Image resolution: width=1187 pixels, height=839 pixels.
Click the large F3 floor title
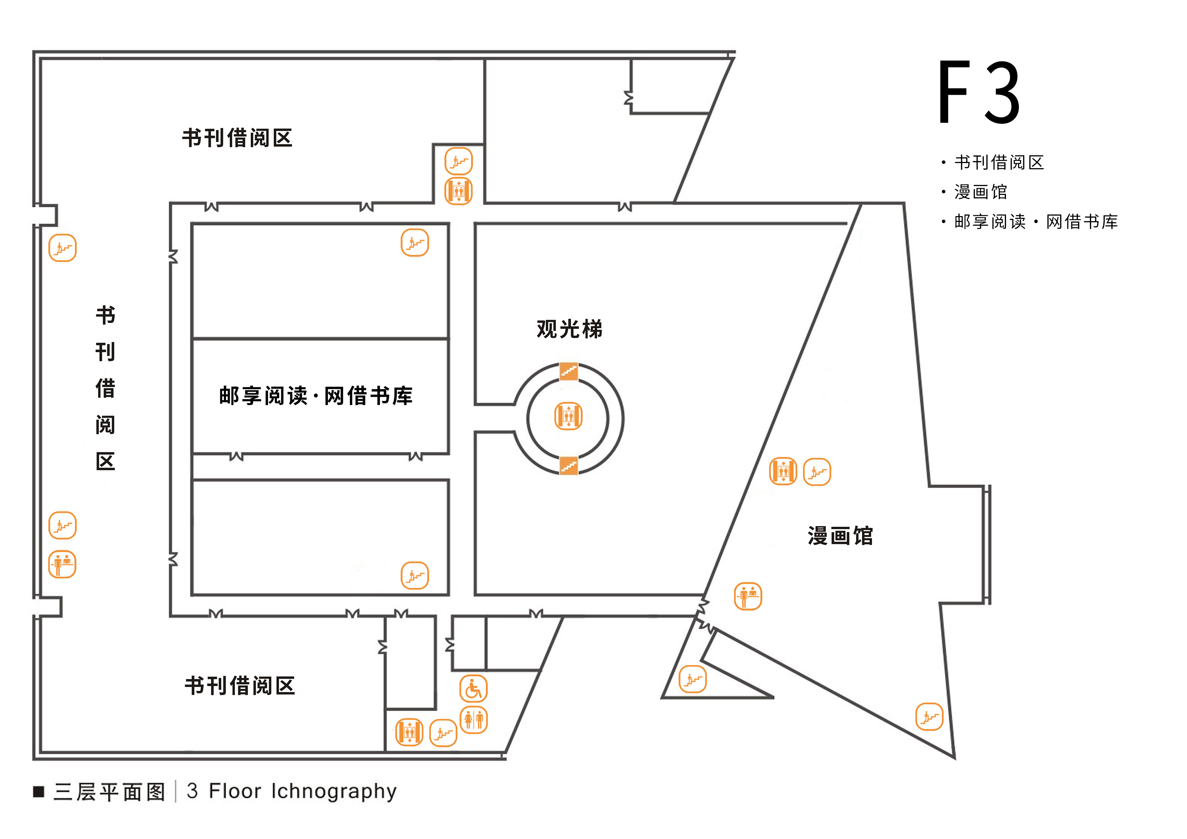pyautogui.click(x=979, y=93)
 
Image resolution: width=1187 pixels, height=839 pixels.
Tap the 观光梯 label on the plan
pyautogui.click(x=569, y=329)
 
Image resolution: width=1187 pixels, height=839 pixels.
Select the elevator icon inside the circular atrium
pyautogui.click(x=569, y=416)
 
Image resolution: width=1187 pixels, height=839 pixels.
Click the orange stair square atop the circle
pyautogui.click(x=569, y=371)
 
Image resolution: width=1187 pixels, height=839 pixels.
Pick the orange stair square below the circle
pyautogui.click(x=569, y=465)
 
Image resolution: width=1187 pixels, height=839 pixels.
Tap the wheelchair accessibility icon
pyautogui.click(x=474, y=688)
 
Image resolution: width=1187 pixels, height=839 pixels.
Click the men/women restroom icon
pyautogui.click(x=474, y=720)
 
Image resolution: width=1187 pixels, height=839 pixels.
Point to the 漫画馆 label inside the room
pyautogui.click(x=840, y=536)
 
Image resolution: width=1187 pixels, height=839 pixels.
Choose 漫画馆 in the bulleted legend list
pyautogui.click(x=981, y=192)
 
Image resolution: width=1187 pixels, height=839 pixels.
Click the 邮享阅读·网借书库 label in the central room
pyautogui.click(x=316, y=396)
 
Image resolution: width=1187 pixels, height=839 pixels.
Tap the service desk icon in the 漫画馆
pyautogui.click(x=748, y=596)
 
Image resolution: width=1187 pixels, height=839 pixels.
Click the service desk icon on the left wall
pyautogui.click(x=63, y=564)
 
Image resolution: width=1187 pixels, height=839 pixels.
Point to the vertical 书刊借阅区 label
pyautogui.click(x=106, y=388)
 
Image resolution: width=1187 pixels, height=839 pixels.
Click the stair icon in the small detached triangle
pyautogui.click(x=693, y=679)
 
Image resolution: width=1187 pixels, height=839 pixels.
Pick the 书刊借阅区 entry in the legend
pyautogui.click(x=999, y=163)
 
